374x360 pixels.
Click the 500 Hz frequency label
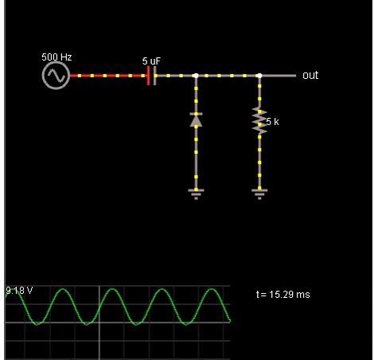coord(56,57)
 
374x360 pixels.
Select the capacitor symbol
coord(152,76)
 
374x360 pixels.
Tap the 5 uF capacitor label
coord(151,61)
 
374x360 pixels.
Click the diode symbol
coord(196,120)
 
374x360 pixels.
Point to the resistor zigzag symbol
coord(259,120)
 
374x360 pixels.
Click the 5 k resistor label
coord(273,122)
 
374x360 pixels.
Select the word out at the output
coord(310,76)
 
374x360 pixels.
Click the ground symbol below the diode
coord(196,194)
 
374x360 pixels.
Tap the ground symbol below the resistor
coord(259,194)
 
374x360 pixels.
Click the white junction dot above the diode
coord(196,76)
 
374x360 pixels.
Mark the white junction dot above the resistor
coord(259,76)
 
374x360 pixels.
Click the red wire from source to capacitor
coord(108,76)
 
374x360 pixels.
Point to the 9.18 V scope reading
coord(19,291)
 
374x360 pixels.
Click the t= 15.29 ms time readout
coord(283,295)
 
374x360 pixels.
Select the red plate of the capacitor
coord(148,76)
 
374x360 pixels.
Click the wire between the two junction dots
coord(228,76)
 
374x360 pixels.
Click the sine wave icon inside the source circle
coord(56,76)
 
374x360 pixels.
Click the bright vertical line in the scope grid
coord(99,323)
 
